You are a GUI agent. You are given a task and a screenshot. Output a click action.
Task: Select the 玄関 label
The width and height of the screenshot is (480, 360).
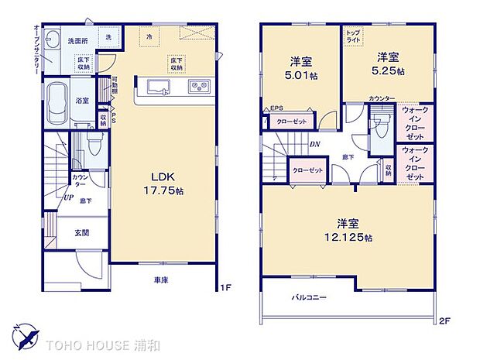81,232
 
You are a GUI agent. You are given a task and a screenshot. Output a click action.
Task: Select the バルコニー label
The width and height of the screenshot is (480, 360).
309,297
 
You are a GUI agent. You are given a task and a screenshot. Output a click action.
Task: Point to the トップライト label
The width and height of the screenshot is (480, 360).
353,36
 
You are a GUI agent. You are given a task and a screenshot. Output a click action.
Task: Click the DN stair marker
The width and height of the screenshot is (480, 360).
316,143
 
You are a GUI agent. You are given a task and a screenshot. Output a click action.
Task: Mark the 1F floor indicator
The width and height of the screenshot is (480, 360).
225,288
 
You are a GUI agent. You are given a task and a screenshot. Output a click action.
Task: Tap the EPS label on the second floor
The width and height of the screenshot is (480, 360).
276,108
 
